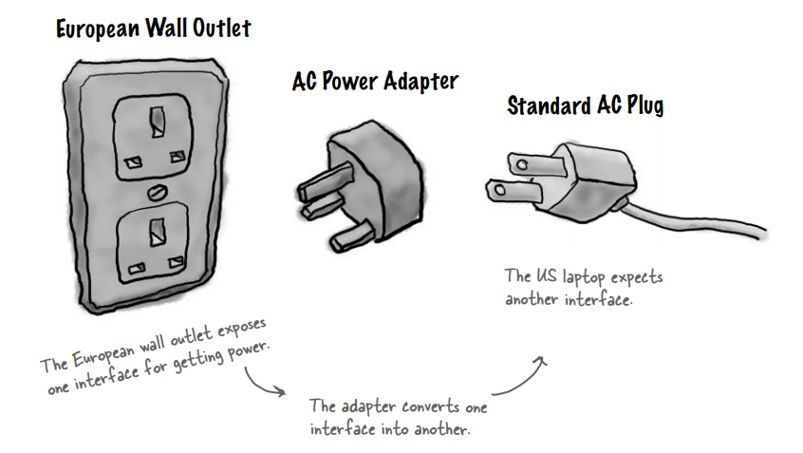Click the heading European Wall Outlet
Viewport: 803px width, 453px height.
click(x=154, y=28)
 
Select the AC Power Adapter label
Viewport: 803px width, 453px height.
click(x=375, y=82)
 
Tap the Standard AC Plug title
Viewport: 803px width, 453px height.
click(x=585, y=105)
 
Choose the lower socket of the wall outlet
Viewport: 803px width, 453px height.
click(x=149, y=244)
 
